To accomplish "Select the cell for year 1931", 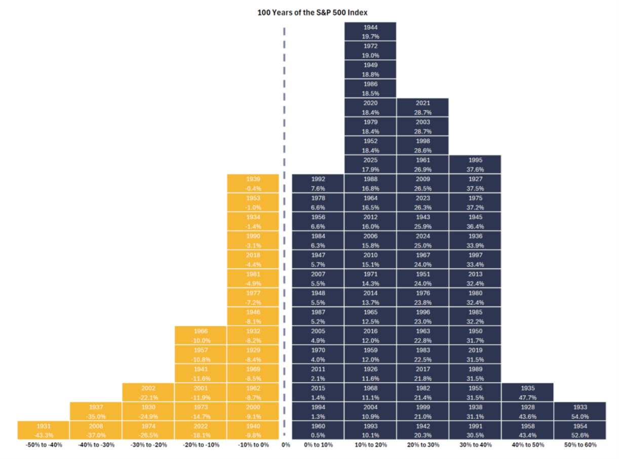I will click(x=44, y=430).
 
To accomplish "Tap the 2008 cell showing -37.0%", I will click(x=96, y=430).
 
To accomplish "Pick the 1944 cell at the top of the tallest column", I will click(x=370, y=31).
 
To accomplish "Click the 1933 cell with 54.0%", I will click(x=580, y=411).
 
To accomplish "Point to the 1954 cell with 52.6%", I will click(x=580, y=430).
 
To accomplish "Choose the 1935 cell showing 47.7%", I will click(x=527, y=393).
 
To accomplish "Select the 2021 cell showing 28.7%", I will click(x=422, y=107).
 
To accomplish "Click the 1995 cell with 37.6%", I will click(x=475, y=165).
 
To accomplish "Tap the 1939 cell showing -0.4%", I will click(x=253, y=183).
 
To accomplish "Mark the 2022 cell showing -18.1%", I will click(x=201, y=430).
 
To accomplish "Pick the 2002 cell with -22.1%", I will click(x=148, y=393).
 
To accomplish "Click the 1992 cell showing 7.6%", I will click(x=318, y=183).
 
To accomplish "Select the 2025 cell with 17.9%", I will click(x=370, y=165).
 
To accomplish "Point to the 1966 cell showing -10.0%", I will click(x=201, y=335).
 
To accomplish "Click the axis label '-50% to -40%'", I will click(x=44, y=445).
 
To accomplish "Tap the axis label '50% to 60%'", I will click(x=580, y=445).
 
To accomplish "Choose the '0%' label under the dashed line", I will click(x=285, y=445).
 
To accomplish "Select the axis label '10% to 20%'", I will click(x=370, y=445).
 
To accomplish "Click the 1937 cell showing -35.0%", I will click(x=96, y=411).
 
